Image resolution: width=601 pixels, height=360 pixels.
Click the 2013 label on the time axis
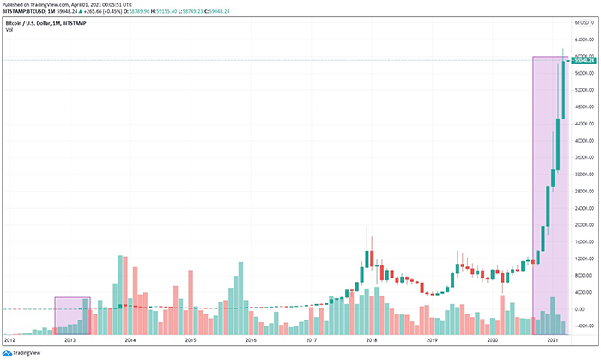[70, 341]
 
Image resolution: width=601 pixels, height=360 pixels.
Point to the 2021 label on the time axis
[552, 341]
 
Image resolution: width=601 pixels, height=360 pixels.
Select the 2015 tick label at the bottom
[190, 341]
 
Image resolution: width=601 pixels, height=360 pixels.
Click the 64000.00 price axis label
[585, 40]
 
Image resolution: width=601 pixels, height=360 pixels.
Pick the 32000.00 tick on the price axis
[585, 174]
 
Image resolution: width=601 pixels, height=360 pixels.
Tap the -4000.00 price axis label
[585, 326]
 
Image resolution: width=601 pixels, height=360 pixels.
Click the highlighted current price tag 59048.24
[586, 60]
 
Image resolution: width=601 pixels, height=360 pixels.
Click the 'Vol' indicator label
[9, 30]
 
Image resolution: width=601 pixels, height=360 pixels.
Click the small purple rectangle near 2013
[72, 312]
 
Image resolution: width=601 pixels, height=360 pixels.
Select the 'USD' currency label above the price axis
[588, 22]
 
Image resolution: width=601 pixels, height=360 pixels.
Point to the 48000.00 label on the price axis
[585, 107]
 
